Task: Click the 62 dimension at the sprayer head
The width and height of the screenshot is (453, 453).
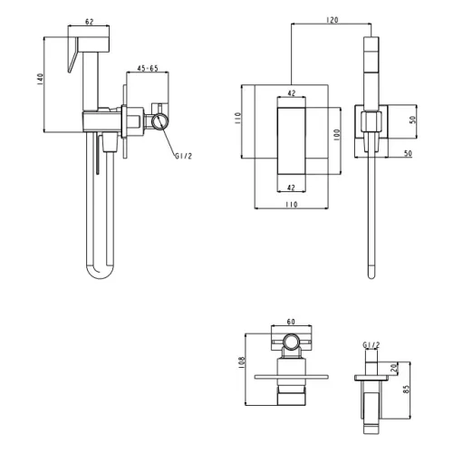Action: pyautogui.click(x=90, y=22)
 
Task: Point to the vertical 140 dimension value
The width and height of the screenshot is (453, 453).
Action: pyautogui.click(x=40, y=79)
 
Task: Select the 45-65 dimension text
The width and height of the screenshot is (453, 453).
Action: pyautogui.click(x=148, y=68)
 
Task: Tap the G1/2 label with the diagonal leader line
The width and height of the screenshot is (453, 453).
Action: pyautogui.click(x=184, y=156)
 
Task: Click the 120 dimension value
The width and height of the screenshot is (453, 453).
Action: pyautogui.click(x=333, y=20)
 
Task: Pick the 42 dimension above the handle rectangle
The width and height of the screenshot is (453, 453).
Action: pyautogui.click(x=292, y=93)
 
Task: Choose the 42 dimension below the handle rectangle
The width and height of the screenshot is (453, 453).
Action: pyautogui.click(x=291, y=188)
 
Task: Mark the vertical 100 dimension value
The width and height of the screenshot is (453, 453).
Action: pyautogui.click(x=337, y=135)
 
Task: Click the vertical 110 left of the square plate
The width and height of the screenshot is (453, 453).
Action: pyautogui.click(x=237, y=119)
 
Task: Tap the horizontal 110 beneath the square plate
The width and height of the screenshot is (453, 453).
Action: pyautogui.click(x=292, y=205)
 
